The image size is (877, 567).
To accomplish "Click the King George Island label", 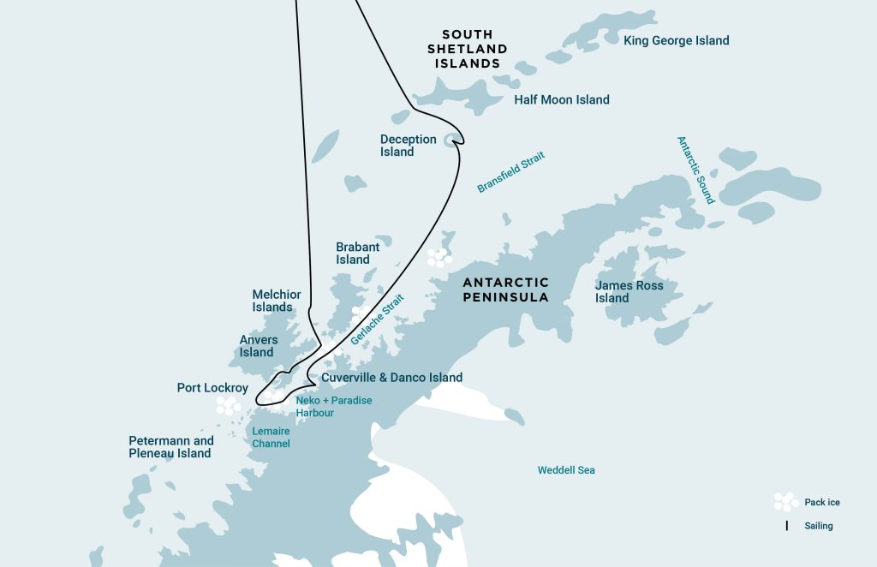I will point(676,40).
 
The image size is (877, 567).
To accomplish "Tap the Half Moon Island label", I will point(562,99).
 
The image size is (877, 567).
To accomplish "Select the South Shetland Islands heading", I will point(467,50).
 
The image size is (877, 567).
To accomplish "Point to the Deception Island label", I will point(408,146).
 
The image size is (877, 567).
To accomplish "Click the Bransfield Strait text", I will point(510,172).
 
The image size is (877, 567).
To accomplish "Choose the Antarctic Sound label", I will point(695,170).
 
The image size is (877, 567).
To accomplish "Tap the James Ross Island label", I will point(629,291).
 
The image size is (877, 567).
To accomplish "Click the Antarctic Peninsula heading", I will point(505,289).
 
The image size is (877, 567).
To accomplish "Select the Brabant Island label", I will point(357,254).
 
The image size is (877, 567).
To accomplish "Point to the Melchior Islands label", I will point(277,301).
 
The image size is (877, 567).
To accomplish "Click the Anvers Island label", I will point(258,346).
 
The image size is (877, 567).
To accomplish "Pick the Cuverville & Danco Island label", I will point(391,377).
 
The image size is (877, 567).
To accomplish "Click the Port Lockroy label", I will point(212,388).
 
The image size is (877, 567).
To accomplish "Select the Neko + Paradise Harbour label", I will point(333,406).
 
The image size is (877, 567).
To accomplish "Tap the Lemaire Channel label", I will point(271,438).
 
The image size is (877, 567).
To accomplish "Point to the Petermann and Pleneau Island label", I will point(170,447).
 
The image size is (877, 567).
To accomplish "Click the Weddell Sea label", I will point(566,470).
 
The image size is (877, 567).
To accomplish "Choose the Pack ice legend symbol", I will point(785,502).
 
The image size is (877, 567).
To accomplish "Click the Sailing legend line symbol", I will point(786,526).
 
